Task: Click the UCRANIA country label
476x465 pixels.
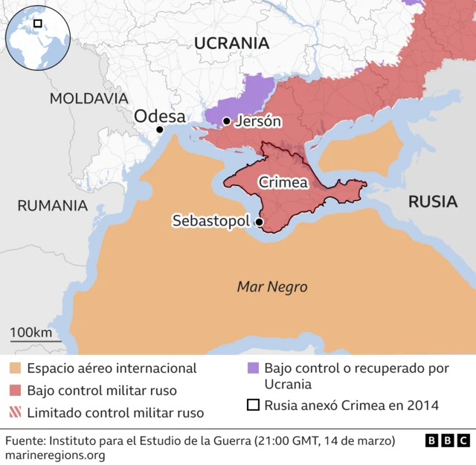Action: (x=231, y=43)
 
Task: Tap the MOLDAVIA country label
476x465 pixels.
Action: (x=89, y=98)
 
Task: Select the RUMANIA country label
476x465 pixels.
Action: (x=52, y=205)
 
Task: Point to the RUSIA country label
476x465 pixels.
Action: (x=432, y=201)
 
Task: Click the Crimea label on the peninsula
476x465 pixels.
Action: (x=283, y=182)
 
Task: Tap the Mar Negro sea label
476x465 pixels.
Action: (x=271, y=286)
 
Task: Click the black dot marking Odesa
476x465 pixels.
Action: (x=159, y=129)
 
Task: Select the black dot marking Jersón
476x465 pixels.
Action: (x=226, y=121)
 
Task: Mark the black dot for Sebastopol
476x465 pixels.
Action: (x=259, y=222)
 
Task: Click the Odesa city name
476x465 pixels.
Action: (x=159, y=115)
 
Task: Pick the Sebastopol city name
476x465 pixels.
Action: (x=211, y=221)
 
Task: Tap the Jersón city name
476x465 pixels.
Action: (x=257, y=121)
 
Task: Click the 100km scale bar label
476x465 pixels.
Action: (x=30, y=332)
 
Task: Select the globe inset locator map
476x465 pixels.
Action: (x=36, y=36)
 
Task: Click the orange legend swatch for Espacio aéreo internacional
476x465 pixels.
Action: (x=16, y=368)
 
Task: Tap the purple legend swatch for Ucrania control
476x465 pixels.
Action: (x=253, y=368)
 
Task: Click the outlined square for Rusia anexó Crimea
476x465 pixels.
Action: (x=253, y=405)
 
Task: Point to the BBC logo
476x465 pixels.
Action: (x=447, y=441)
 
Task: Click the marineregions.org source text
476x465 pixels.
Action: (x=55, y=455)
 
